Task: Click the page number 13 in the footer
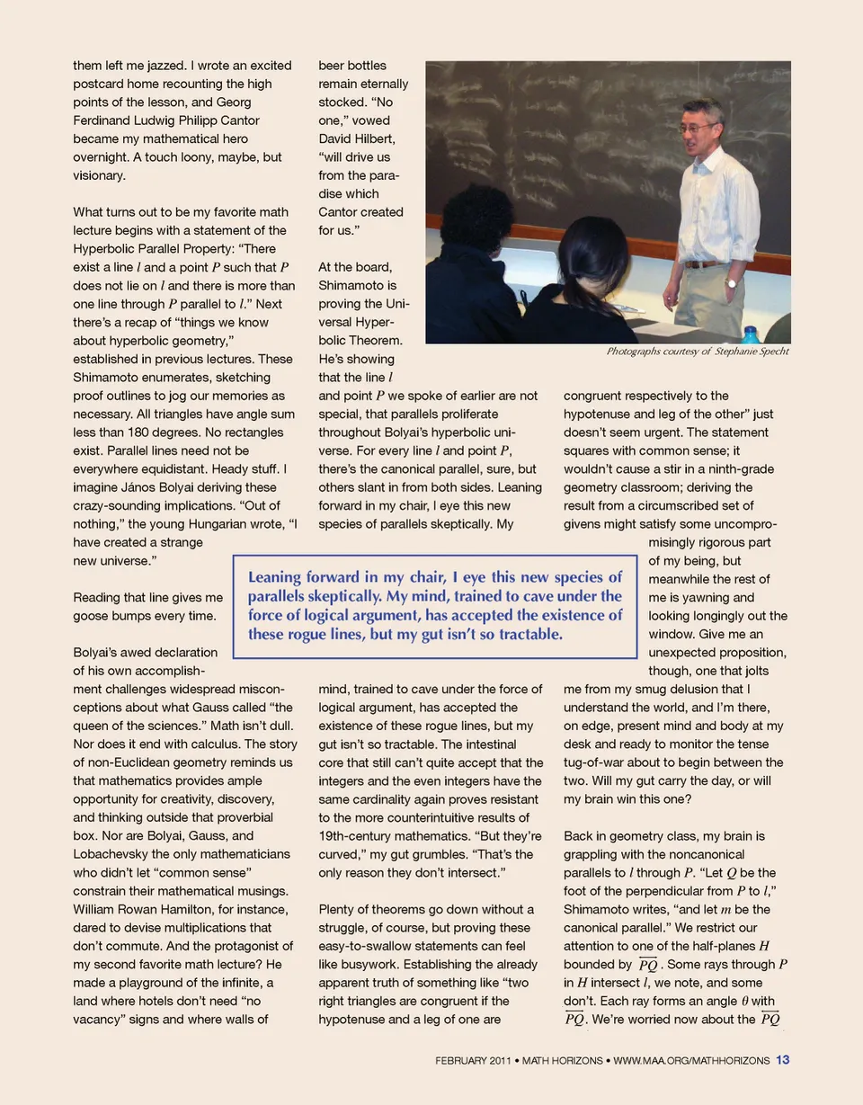782,1060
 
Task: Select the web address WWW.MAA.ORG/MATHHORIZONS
691,1061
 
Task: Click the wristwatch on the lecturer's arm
731,282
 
